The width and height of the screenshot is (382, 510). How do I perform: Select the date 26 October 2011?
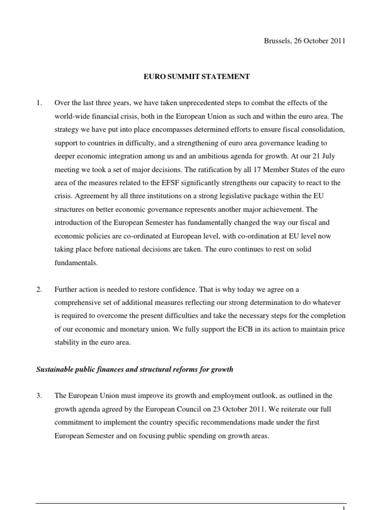pos(318,41)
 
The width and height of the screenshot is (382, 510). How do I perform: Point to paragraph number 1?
pos(38,103)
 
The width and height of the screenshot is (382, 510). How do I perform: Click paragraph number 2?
pos(38,289)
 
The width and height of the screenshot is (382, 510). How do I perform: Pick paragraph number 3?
pos(38,395)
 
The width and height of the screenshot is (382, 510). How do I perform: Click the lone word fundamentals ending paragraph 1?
pos(77,263)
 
